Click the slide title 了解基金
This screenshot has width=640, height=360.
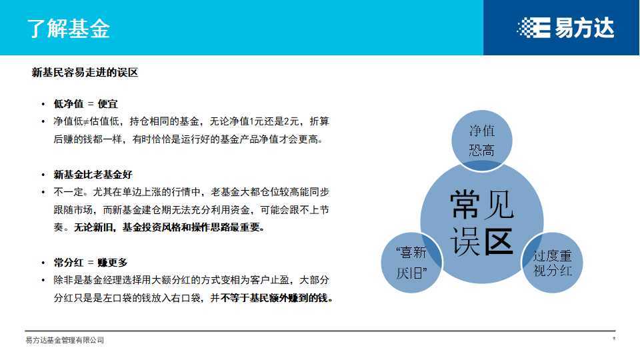click(69, 29)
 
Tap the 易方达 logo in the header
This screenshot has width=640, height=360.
click(565, 27)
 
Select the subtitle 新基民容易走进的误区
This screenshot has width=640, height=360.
click(85, 73)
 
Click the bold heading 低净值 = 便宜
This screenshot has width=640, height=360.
click(85, 104)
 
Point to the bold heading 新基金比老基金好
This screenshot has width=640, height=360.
click(93, 175)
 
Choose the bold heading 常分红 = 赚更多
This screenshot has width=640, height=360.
click(90, 263)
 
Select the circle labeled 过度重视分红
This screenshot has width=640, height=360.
click(553, 263)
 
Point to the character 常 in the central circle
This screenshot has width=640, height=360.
click(465, 204)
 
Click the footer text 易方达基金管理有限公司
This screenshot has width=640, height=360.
click(65, 340)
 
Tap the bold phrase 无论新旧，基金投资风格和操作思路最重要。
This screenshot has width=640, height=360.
click(169, 227)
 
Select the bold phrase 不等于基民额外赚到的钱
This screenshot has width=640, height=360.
click(275, 298)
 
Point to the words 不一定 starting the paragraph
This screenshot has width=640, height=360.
click(67, 192)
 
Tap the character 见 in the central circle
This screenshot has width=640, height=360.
click(499, 204)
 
